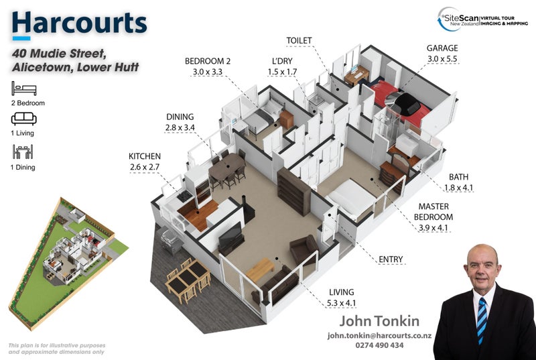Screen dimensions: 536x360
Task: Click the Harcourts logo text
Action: [x=79, y=23]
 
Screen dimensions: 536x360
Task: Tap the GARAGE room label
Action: [x=442, y=48]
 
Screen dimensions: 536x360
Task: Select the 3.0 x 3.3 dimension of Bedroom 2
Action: [x=208, y=72]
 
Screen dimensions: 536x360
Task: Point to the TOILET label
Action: [x=299, y=41]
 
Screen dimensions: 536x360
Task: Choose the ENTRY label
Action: [x=391, y=259]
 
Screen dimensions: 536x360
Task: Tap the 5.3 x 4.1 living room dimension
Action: [x=341, y=303]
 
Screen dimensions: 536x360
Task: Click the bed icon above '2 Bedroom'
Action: [x=24, y=88]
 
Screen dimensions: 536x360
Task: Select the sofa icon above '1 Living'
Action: [x=23, y=119]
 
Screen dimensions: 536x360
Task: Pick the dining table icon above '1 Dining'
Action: [x=23, y=152]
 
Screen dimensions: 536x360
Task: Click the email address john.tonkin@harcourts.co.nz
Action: [x=379, y=336]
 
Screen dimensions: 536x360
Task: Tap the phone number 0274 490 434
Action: [x=379, y=345]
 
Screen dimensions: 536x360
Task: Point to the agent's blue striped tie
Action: [x=482, y=320]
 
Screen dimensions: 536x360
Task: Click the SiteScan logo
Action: [x=482, y=19]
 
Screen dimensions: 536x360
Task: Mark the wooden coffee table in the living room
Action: [x=260, y=269]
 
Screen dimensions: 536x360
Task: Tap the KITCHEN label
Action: [x=145, y=156]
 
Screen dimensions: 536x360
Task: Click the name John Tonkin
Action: [x=379, y=321]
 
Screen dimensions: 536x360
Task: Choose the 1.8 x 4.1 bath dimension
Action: [x=458, y=188]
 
